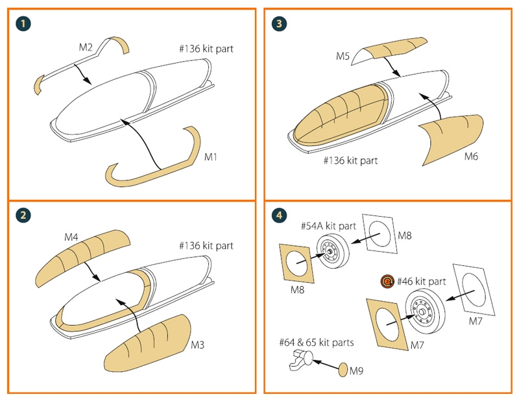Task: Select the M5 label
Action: click(x=344, y=56)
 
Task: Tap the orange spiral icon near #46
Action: click(x=387, y=282)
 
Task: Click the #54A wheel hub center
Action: click(x=331, y=250)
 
